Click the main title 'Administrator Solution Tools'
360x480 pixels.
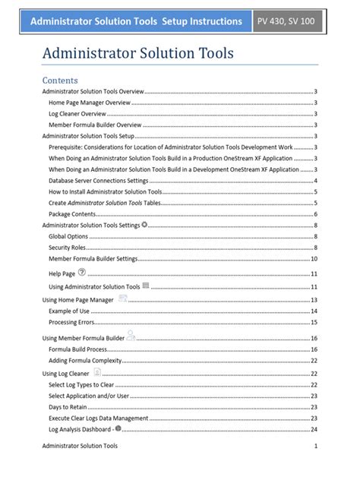(x=137, y=53)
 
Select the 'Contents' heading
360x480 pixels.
(x=59, y=80)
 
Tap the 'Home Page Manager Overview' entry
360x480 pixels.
(x=89, y=102)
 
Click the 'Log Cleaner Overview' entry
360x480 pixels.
(x=77, y=113)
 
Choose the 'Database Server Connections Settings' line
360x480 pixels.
(x=98, y=181)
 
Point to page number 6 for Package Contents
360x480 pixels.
(x=315, y=214)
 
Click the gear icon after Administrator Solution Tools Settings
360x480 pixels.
(x=144, y=225)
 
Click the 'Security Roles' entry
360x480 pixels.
(x=67, y=248)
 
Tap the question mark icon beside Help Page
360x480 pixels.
(x=82, y=272)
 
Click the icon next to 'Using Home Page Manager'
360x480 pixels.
(x=122, y=298)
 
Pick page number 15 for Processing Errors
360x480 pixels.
(x=314, y=323)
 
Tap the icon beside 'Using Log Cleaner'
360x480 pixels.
(x=97, y=372)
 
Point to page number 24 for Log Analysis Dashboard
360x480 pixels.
(x=314, y=430)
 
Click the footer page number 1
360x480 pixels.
(x=315, y=446)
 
